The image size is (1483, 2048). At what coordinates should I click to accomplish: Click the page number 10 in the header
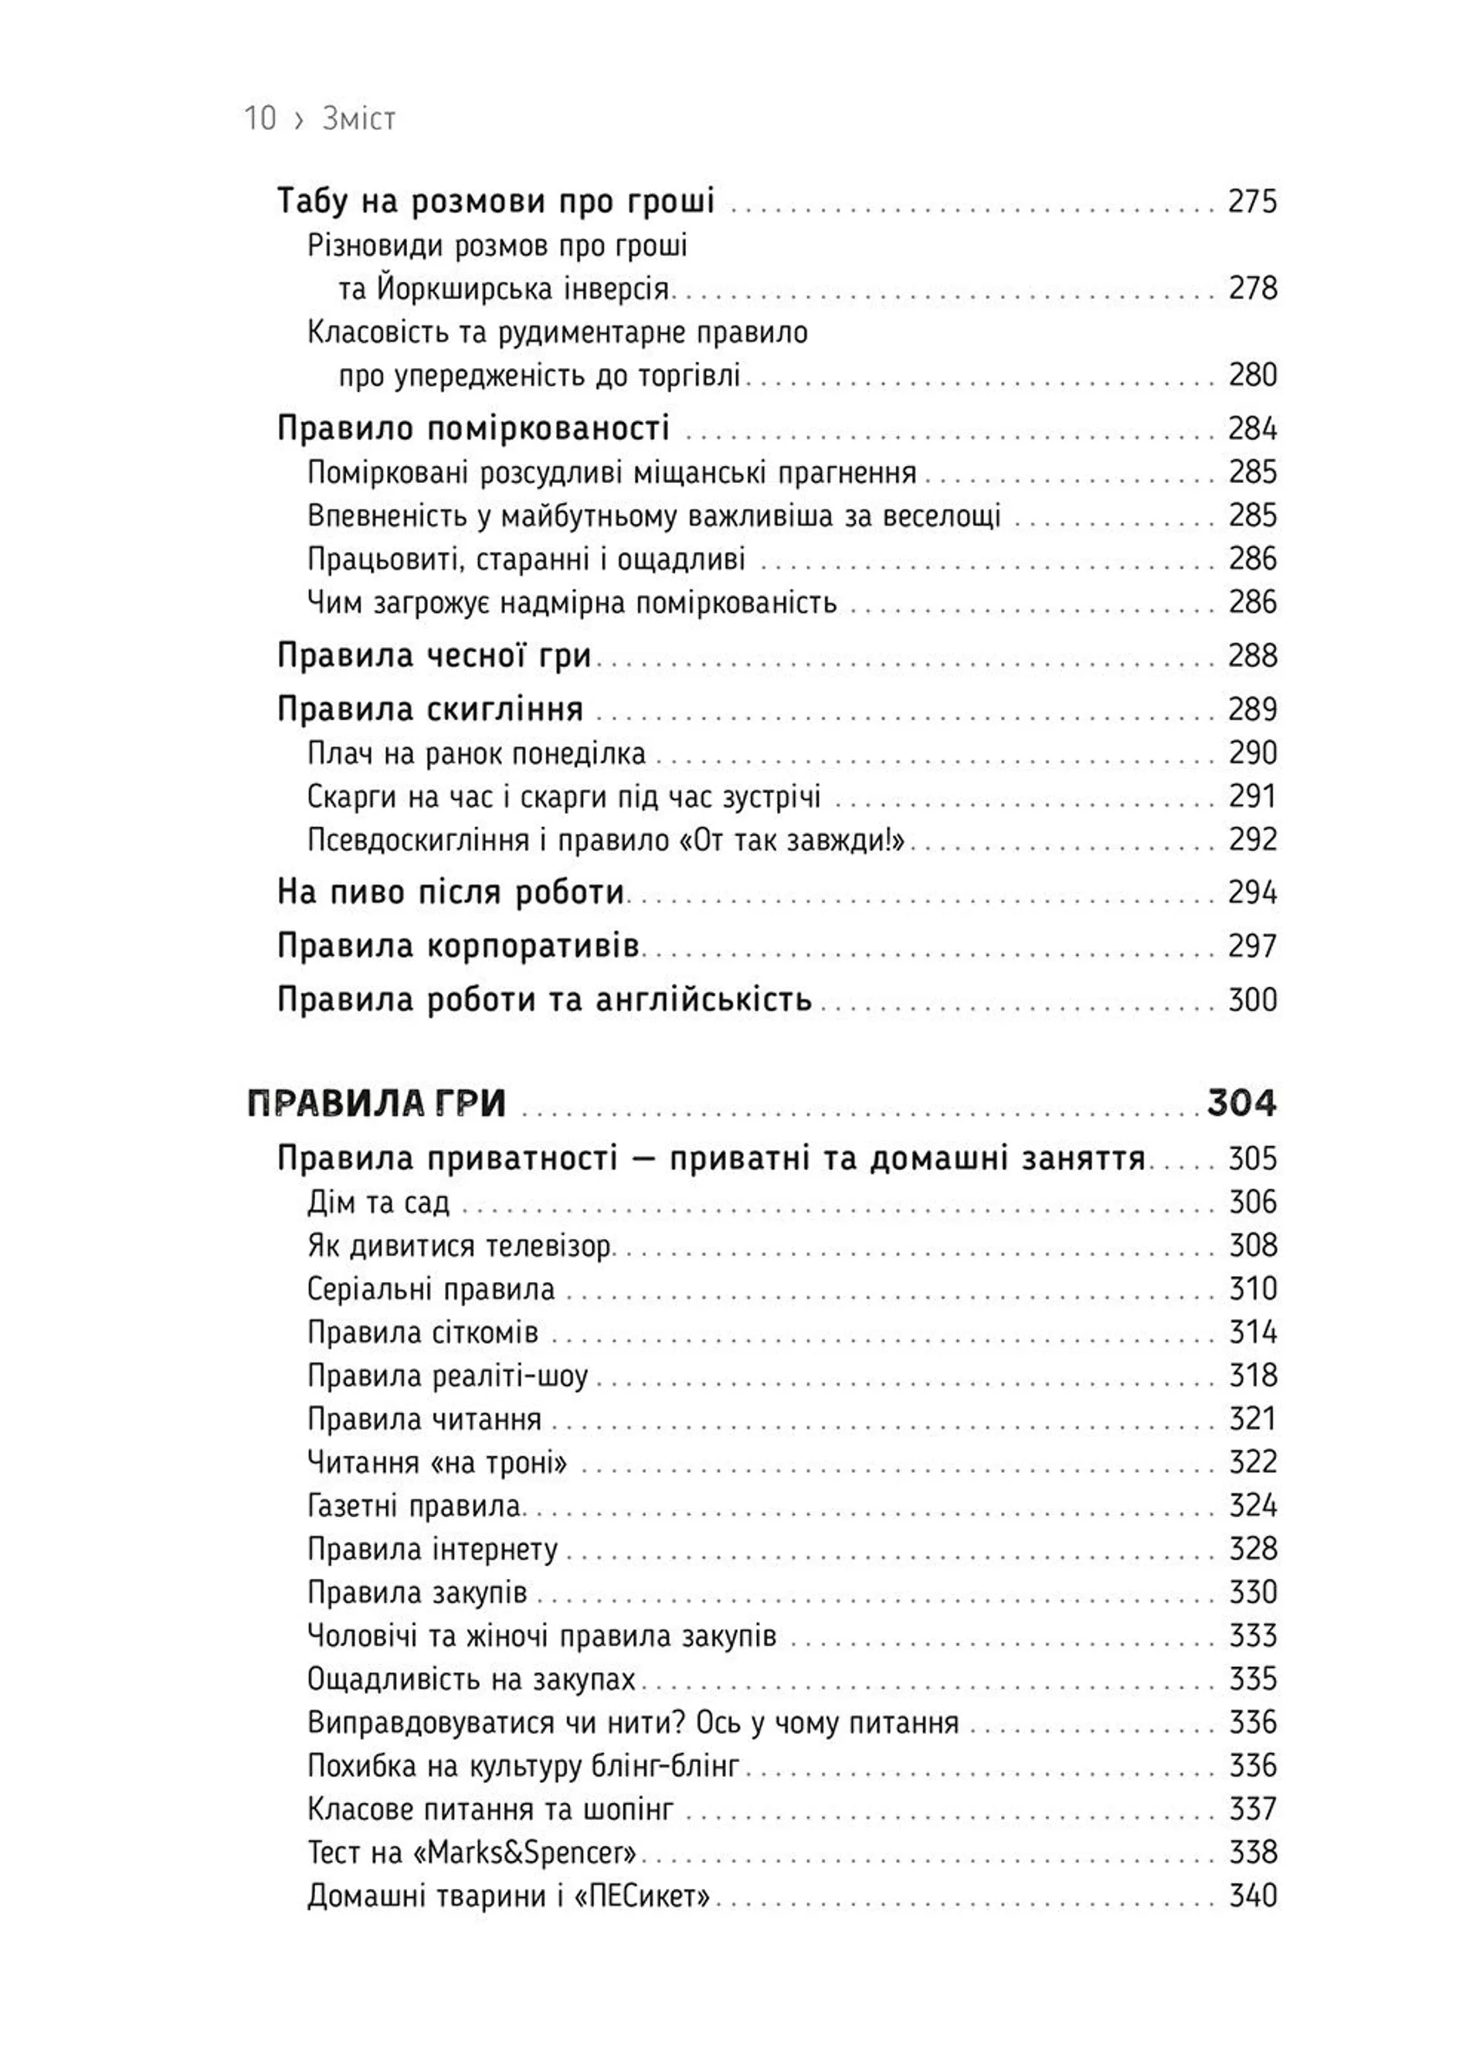click(260, 118)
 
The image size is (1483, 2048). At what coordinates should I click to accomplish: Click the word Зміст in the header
click(358, 118)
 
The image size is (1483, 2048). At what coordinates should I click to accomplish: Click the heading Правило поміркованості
click(473, 428)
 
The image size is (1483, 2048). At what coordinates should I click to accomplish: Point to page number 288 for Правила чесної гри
click(1252, 655)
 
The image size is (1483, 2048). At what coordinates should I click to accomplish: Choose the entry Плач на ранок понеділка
click(476, 753)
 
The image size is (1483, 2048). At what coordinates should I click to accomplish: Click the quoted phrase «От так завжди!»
click(790, 840)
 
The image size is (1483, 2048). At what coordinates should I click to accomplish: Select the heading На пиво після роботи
click(450, 892)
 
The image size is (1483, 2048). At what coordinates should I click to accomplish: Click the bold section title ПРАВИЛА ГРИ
click(376, 1104)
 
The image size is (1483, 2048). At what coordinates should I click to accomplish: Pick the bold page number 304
click(1241, 1104)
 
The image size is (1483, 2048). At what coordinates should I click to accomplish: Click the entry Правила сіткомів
click(423, 1332)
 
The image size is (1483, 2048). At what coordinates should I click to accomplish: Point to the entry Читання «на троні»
click(437, 1462)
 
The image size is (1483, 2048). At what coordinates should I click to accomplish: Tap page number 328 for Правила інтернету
click(1253, 1549)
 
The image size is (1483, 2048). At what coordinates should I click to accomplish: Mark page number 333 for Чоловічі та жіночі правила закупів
click(1253, 1635)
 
